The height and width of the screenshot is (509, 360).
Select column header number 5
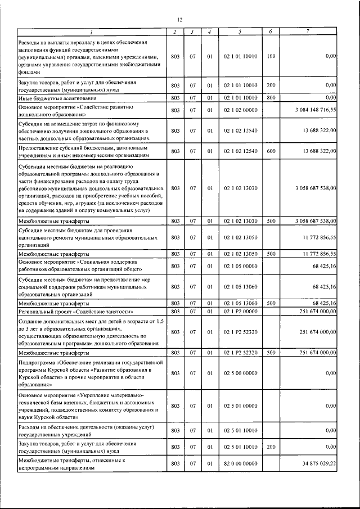(x=240, y=31)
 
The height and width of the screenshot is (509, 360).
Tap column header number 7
(x=307, y=31)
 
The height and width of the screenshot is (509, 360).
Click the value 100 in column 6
(x=271, y=56)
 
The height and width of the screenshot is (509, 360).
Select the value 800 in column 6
(x=271, y=98)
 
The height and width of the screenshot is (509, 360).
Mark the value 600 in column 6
(x=271, y=151)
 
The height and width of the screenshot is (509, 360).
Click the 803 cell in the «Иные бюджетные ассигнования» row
(x=175, y=98)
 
